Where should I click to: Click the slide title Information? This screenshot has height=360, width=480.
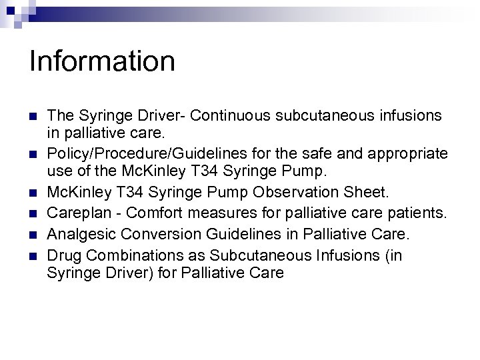[x=102, y=61]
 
